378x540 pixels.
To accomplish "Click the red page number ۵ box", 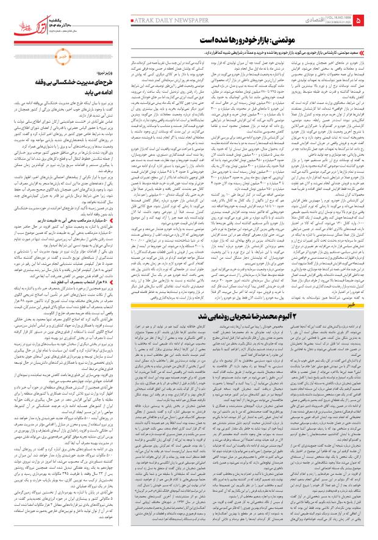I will (x=365, y=21).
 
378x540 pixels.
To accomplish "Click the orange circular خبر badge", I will (x=62, y=62).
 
